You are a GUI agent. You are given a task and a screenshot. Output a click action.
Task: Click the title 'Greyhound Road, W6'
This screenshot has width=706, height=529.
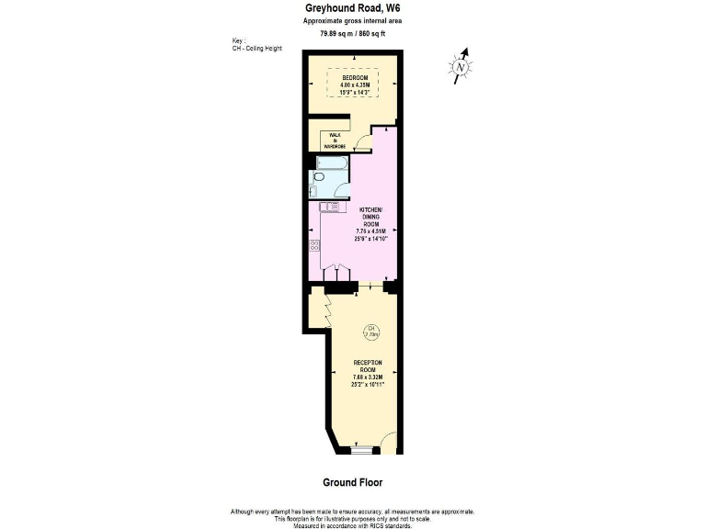click(x=352, y=8)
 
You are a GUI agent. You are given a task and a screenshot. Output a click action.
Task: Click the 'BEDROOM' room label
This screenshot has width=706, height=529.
click(x=353, y=78)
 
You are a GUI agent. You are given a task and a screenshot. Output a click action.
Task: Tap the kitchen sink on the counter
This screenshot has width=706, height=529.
click(x=328, y=208)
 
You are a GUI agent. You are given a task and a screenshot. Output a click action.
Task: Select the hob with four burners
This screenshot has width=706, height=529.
click(x=314, y=245)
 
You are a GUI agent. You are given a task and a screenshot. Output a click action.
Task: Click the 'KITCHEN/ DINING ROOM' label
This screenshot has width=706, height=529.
click(x=371, y=217)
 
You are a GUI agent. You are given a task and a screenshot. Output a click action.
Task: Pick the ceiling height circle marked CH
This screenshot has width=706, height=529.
click(x=371, y=332)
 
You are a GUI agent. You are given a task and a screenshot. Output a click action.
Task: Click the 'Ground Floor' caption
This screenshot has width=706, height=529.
click(x=352, y=482)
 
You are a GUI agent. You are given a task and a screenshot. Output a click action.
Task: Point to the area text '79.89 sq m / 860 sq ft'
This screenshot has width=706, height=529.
click(x=352, y=33)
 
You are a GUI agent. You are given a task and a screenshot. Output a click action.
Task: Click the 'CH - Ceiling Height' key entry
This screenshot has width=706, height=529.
click(x=258, y=48)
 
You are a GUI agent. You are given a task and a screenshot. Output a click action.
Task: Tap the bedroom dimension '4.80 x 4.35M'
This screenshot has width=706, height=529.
click(x=353, y=85)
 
